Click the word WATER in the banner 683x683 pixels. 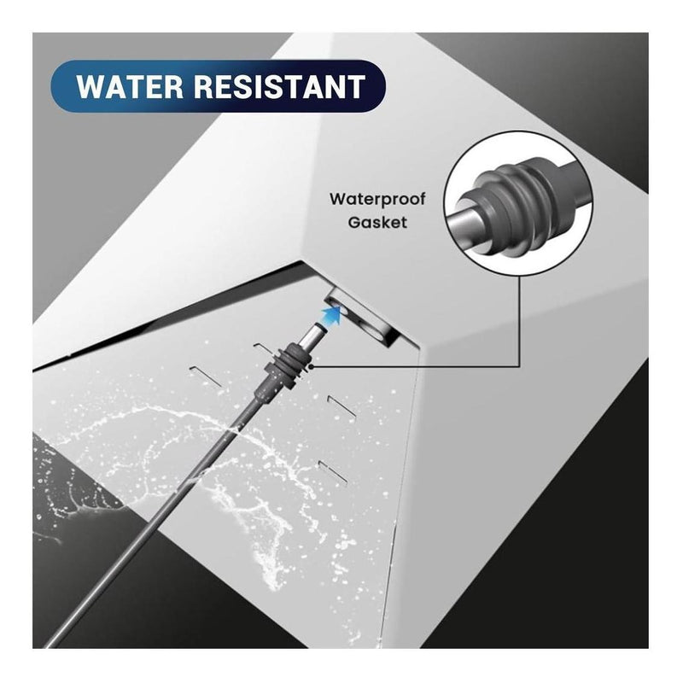pos(130,86)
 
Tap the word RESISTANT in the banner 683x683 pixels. pos(279,86)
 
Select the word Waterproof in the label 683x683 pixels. pos(377,200)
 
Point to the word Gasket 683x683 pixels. pos(377,222)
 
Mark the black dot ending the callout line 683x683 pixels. pos(311,366)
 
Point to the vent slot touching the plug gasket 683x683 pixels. pos(264,347)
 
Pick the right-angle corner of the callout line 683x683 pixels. pos(519,366)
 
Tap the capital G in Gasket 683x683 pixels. pos(354,222)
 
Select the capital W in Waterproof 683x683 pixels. pos(338,200)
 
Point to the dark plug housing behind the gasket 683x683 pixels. pos(266,386)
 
